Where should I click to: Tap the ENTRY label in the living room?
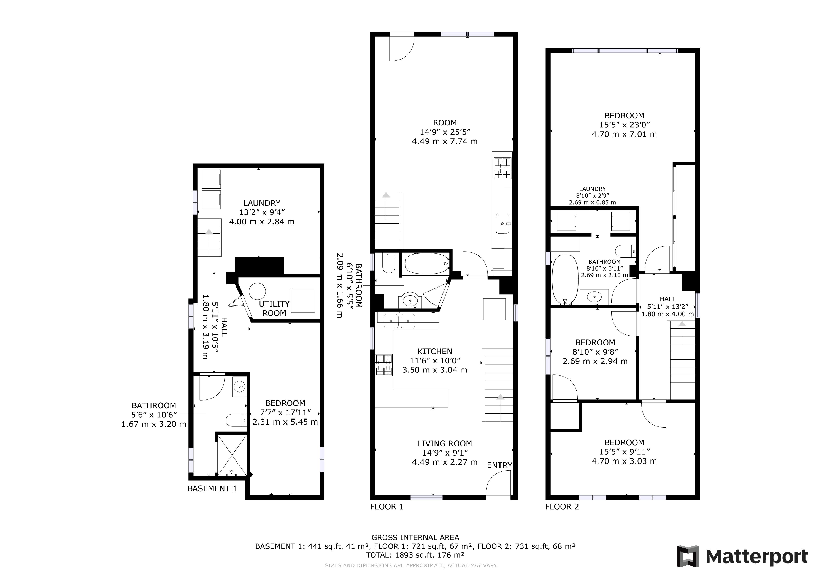[499, 465]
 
